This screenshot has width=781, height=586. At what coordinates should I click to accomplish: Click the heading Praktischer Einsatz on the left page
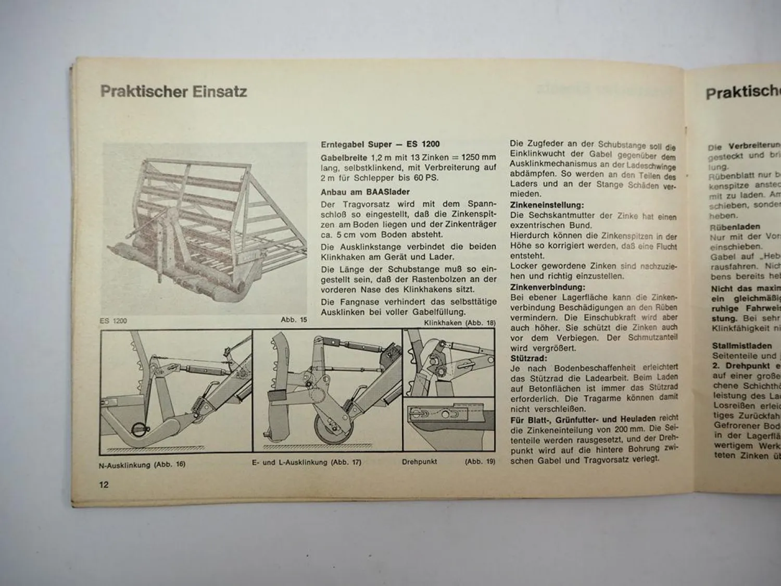pos(173,92)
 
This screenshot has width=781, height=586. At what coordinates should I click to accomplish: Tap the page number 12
pos(104,484)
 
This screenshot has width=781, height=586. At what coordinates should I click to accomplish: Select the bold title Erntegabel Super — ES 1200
pos(380,144)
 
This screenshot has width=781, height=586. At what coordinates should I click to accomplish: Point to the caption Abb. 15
pos(294,320)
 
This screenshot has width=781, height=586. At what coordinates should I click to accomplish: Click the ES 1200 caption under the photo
pos(113,321)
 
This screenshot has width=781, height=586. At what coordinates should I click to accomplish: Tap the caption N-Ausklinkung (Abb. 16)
pos(142,464)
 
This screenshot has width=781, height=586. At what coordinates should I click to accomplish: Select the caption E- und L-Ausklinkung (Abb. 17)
pos(306,462)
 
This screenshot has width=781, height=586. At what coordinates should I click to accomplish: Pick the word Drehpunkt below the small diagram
pos(419,462)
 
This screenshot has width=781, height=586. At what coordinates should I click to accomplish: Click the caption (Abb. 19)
pos(480,461)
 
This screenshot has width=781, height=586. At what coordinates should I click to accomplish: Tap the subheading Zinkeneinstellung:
pos(547,205)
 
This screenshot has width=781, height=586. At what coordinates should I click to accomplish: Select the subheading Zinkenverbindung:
pos(547,287)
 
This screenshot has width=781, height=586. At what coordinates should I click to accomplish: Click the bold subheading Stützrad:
pos(528,358)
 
